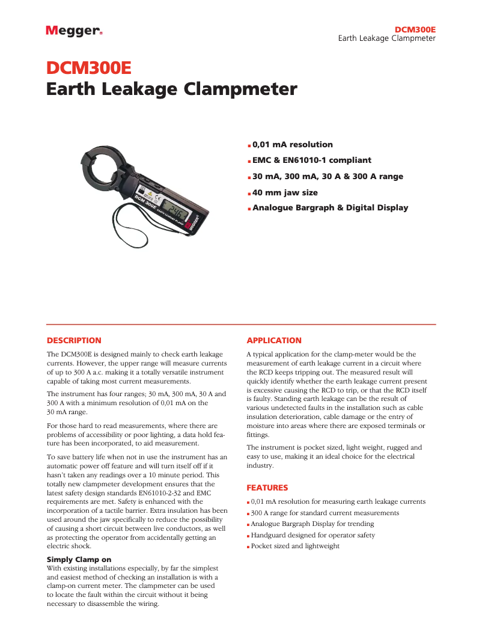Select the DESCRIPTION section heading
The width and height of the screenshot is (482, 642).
(74, 340)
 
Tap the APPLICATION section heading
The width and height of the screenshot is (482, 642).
(274, 340)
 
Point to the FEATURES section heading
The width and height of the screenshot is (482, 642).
(267, 488)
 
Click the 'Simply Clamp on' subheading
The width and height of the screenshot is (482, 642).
(79, 560)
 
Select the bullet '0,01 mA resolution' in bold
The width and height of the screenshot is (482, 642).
(293, 144)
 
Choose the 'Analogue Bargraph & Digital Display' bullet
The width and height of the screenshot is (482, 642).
(330, 208)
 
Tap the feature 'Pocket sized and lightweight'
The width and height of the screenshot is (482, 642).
(295, 546)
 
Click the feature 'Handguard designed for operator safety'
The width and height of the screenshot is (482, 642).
(313, 535)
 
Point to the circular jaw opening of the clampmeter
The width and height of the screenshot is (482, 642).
(109, 171)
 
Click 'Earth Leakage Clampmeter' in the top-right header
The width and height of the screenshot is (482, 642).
(386, 38)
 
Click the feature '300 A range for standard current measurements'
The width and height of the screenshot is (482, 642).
(325, 513)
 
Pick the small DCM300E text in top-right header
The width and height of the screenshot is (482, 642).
(415, 29)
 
